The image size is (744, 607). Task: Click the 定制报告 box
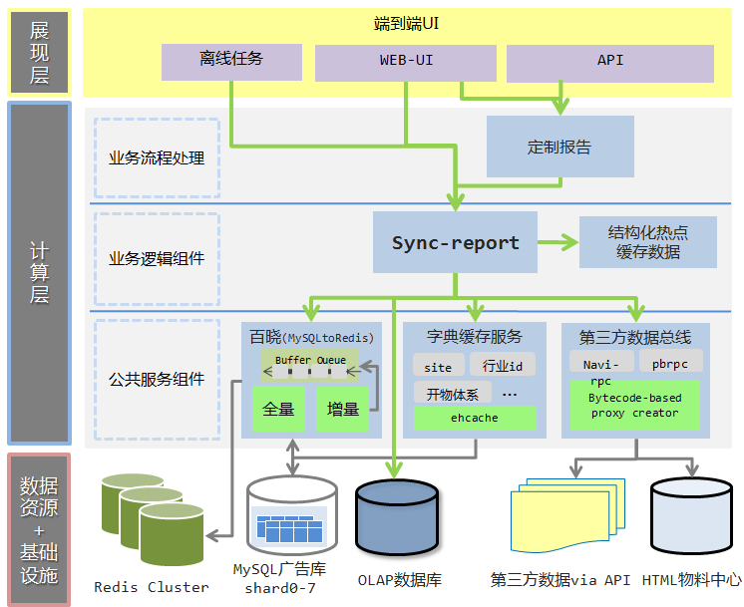pos(559,147)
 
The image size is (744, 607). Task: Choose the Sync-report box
pos(455,242)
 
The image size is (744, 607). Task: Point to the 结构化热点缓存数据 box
pos(648,242)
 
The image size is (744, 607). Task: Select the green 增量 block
pos(343,408)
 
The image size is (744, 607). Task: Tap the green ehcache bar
pos(475,418)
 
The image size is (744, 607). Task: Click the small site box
pos(438,367)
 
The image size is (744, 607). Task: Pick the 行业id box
pos(503,367)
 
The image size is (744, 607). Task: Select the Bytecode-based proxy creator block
pos(634,405)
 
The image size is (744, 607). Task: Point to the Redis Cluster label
pos(152,587)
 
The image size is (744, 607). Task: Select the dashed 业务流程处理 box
pos(157,158)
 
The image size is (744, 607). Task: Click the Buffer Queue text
pos(310,359)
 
